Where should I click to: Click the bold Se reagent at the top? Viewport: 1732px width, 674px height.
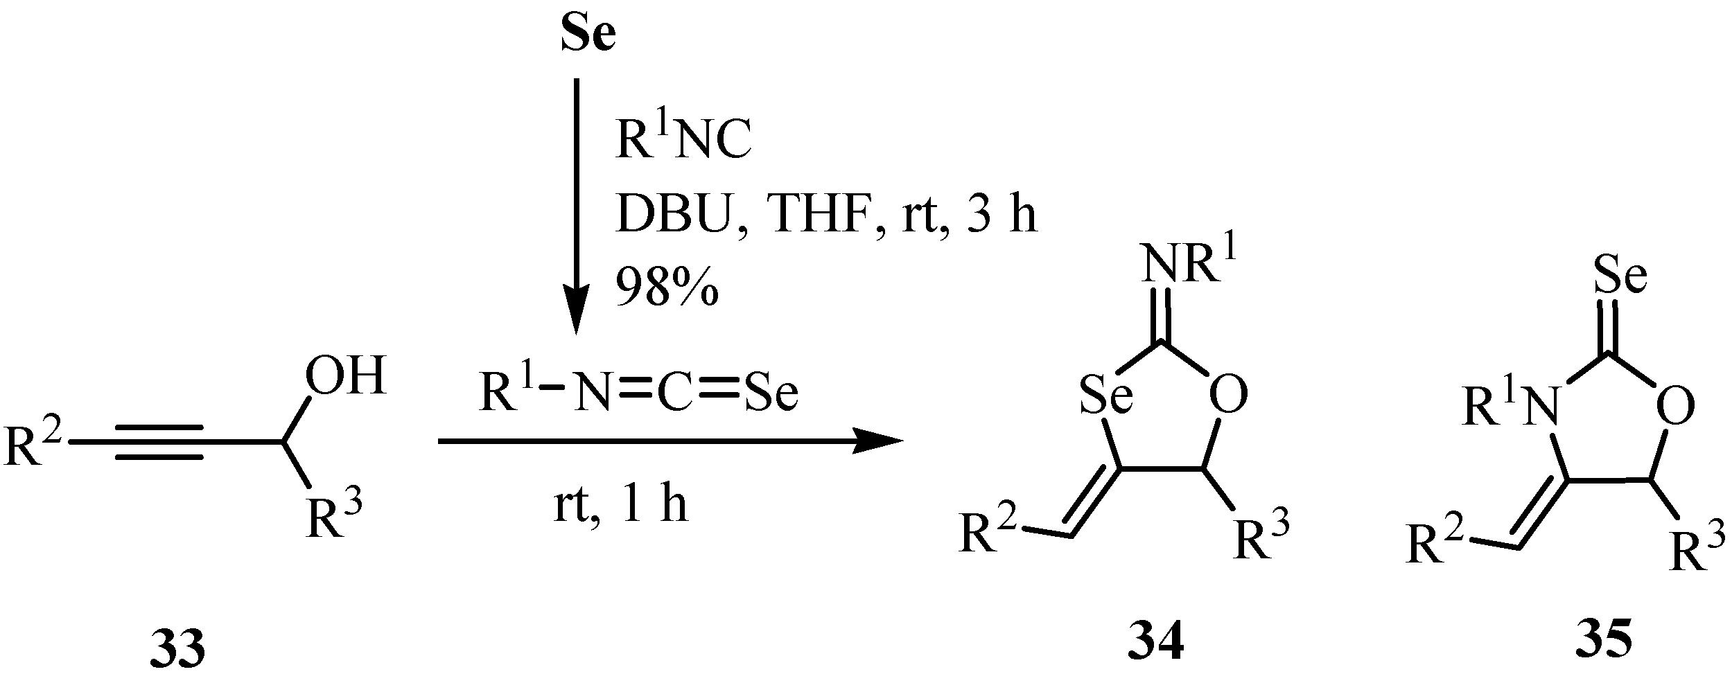tap(588, 37)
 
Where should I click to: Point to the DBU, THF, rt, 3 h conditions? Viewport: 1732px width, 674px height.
tap(826, 215)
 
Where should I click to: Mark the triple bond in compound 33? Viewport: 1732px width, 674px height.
tap(159, 441)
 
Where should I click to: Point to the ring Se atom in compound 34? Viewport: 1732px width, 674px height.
tap(1105, 396)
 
